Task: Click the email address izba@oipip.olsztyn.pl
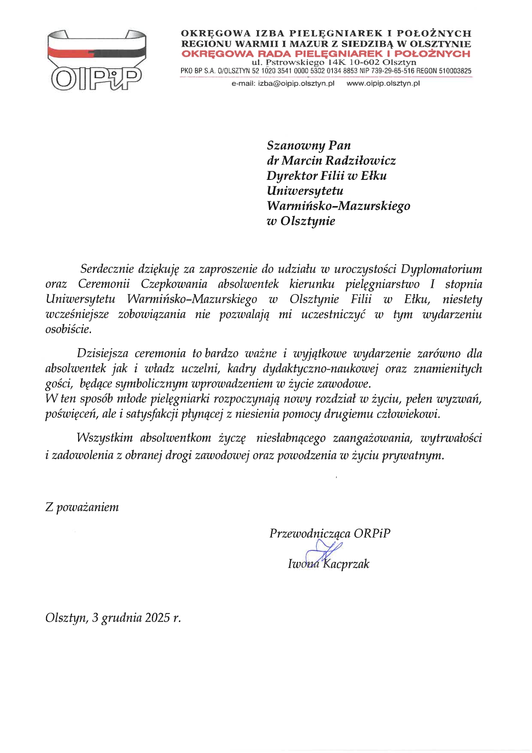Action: [296, 84]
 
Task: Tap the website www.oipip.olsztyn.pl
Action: [383, 84]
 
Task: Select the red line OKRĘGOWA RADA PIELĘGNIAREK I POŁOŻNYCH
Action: [326, 54]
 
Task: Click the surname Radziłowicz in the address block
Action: [360, 161]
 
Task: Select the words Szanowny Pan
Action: [308, 145]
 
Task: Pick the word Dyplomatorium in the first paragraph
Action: [441, 269]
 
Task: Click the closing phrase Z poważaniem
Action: [82, 507]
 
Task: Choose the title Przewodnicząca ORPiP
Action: [329, 533]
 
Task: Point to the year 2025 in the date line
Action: [157, 618]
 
